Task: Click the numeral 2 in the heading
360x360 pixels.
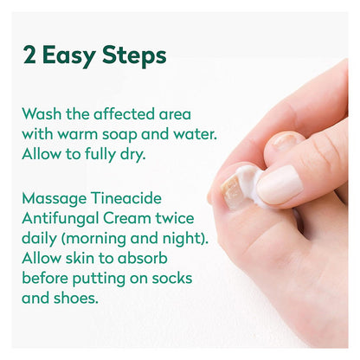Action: (x=29, y=55)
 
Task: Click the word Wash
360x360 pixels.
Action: (x=42, y=114)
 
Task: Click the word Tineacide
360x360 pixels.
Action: (x=126, y=198)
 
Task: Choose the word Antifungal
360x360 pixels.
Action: (x=61, y=219)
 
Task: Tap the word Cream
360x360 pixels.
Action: (x=127, y=218)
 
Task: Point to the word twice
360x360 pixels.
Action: (x=175, y=218)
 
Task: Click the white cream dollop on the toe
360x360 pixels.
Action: (x=248, y=183)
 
